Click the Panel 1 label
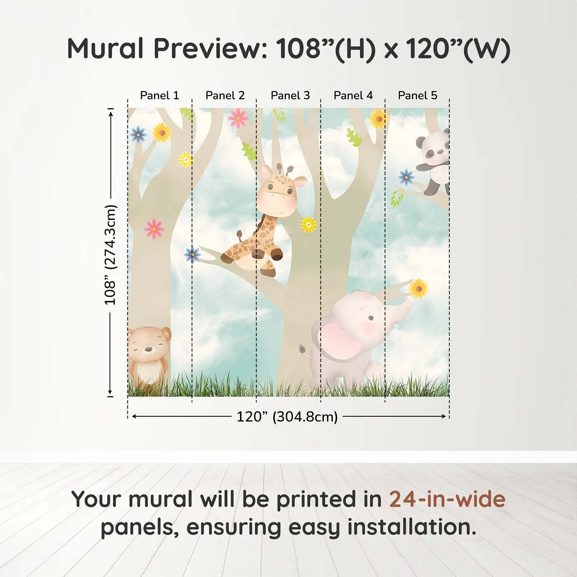coord(159,96)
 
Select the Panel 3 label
coord(290,96)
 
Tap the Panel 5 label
coord(417,96)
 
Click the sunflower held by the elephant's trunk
coord(418,288)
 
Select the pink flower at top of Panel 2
coord(238,118)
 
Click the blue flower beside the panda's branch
coord(406,177)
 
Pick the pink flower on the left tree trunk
coord(154,229)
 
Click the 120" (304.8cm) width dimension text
coord(287,417)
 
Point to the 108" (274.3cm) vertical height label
coord(110,255)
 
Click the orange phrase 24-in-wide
coord(447,500)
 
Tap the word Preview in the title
coord(211,49)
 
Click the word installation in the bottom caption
coord(411,527)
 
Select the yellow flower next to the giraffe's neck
coord(308,225)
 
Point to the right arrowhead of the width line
coord(444,416)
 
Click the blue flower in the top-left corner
coord(138,134)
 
